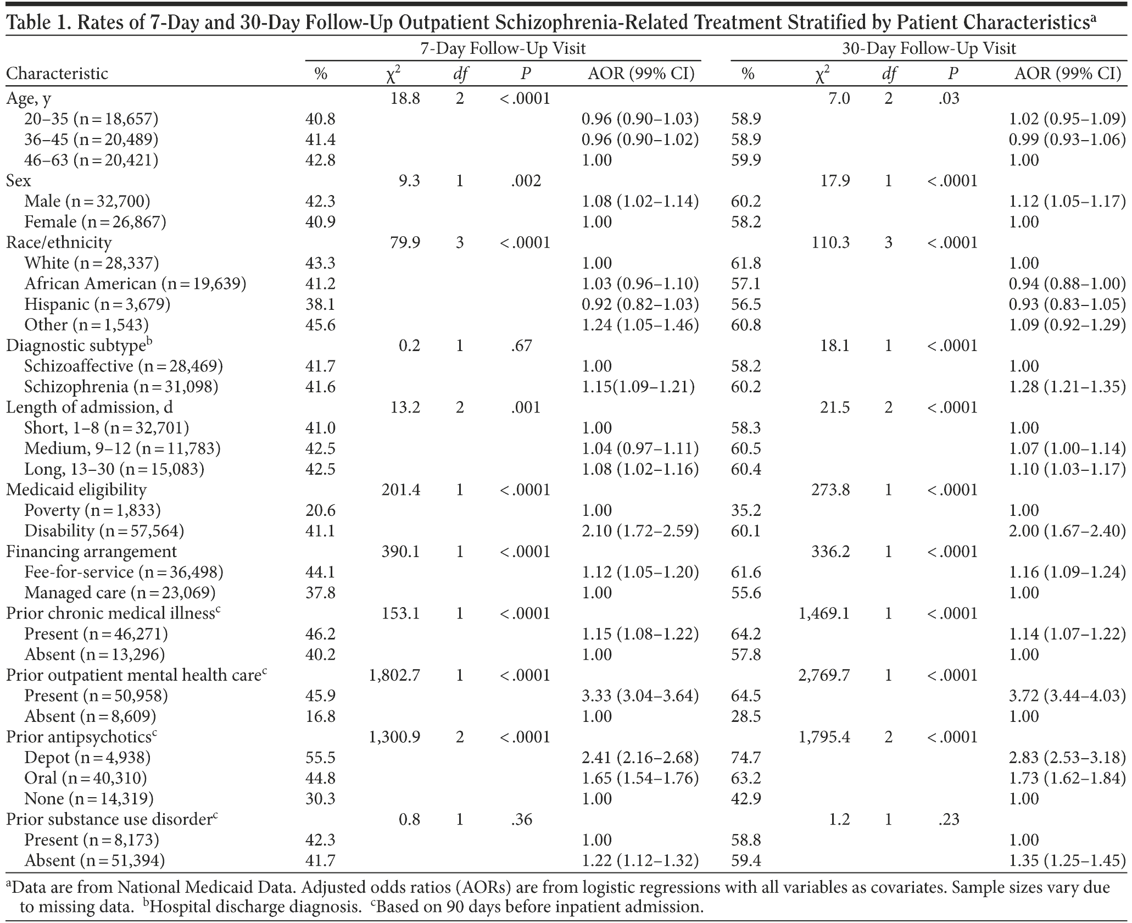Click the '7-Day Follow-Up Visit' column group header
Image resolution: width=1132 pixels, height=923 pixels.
(503, 49)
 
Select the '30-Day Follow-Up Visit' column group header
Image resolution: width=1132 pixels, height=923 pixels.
(929, 49)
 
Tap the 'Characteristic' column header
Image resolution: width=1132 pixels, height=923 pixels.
(57, 74)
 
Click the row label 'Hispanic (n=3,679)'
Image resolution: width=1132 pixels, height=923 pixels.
(97, 304)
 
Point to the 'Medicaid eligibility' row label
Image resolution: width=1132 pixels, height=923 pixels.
(76, 490)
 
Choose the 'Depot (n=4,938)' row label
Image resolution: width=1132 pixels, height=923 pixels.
(87, 758)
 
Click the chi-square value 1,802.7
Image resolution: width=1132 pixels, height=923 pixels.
(394, 675)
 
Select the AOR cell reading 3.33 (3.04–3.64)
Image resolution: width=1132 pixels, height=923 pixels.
(640, 696)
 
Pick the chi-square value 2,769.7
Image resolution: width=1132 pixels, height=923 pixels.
(823, 675)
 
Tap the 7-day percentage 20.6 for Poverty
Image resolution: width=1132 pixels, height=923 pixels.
(320, 510)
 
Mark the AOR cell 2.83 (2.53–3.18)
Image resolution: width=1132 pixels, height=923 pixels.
(1067, 758)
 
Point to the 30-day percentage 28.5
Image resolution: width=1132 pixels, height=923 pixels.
(746, 716)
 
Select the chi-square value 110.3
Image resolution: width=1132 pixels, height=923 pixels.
(830, 242)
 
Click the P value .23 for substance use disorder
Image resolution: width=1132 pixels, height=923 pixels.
(949, 820)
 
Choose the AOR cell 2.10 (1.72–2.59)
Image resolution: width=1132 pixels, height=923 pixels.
(640, 531)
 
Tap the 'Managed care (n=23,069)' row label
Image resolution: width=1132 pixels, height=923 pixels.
(120, 593)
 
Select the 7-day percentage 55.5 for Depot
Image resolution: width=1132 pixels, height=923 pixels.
(320, 758)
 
